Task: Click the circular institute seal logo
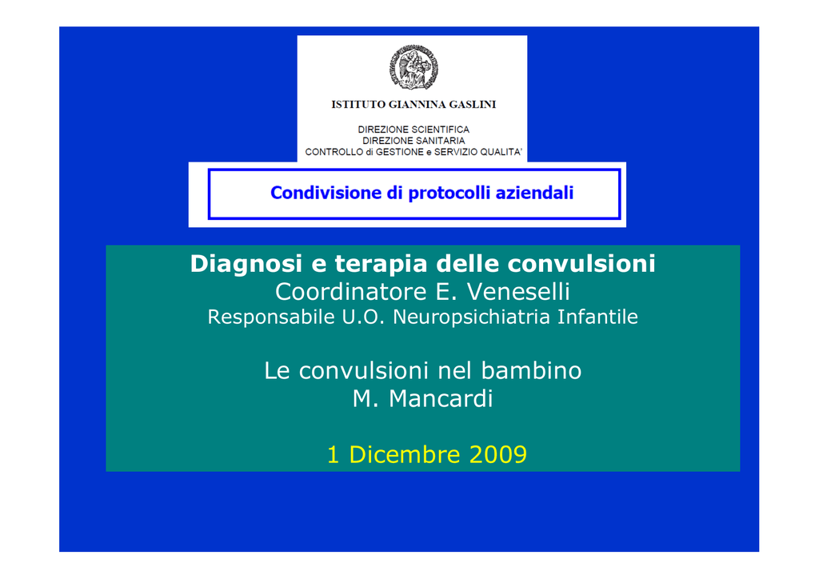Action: click(413, 67)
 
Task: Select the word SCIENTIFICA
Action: click(441, 130)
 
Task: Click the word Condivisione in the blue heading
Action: click(326, 193)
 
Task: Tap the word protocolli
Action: click(449, 194)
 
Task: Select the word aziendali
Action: click(534, 193)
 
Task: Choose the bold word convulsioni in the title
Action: click(581, 264)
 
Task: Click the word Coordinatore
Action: click(351, 291)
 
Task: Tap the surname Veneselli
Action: click(518, 291)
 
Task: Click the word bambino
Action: click(531, 371)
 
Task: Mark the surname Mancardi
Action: click(441, 399)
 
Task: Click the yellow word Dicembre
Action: click(404, 454)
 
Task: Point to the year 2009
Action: click(497, 454)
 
